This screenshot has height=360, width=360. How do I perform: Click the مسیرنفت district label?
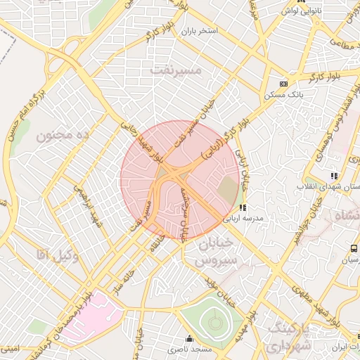176,70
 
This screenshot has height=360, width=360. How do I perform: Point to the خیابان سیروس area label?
202,253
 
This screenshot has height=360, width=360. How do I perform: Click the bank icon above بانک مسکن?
283,83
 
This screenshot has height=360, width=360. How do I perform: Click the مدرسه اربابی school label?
243,219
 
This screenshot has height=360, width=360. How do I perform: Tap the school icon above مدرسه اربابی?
243,207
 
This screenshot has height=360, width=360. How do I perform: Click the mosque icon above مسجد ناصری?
188,337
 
